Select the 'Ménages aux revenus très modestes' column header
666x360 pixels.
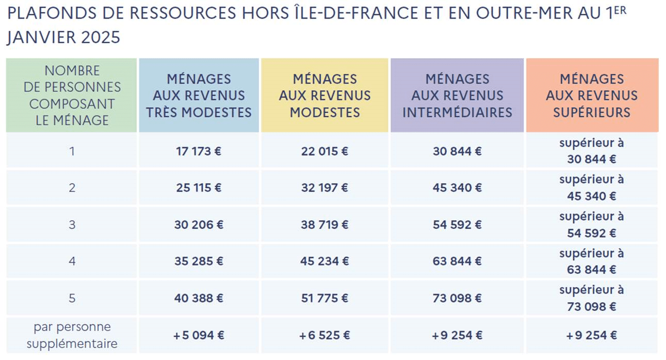tap(199, 96)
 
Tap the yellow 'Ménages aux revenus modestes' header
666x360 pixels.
tap(324, 96)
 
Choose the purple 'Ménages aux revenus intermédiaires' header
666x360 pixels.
tap(457, 96)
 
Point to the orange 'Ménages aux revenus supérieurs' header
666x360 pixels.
tap(592, 96)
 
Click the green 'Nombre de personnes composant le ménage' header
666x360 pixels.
tap(72, 96)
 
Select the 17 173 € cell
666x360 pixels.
tap(199, 151)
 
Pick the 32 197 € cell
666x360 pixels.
tap(324, 188)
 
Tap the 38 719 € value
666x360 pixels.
tap(324, 225)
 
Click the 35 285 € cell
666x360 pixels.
tap(199, 261)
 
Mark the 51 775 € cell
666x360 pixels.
tap(324, 298)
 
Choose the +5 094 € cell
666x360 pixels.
tap(199, 335)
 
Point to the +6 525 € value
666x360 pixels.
tap(324, 335)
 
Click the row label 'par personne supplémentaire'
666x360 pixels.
tap(72, 335)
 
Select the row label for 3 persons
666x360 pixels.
tap(72, 225)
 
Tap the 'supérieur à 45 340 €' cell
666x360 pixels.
tap(592, 188)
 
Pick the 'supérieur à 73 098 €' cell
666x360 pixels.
tap(592, 298)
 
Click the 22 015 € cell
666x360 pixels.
tap(324, 151)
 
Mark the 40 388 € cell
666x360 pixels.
tap(199, 298)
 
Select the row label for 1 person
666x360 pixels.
tap(72, 151)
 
